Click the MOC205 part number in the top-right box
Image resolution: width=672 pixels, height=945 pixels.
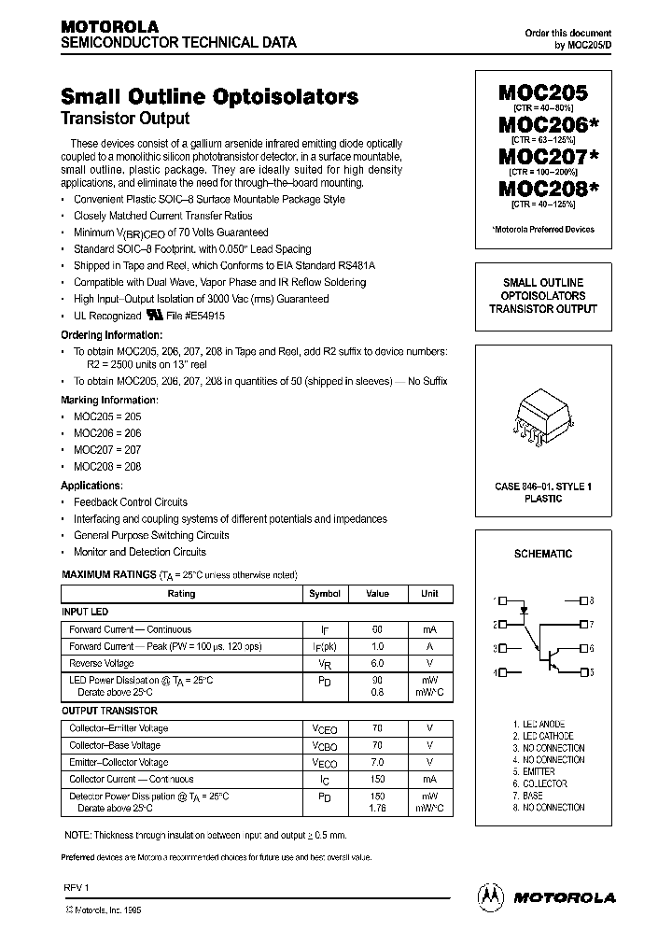tap(542, 93)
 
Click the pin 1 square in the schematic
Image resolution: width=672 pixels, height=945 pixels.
tap(502, 601)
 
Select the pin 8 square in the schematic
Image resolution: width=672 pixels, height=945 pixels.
tap(583, 601)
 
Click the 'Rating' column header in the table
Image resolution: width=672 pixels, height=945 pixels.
tap(181, 594)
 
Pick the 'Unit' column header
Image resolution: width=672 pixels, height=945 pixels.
tap(429, 594)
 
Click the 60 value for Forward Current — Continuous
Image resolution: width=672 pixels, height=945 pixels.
tap(377, 629)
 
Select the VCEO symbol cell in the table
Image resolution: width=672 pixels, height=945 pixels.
tap(325, 728)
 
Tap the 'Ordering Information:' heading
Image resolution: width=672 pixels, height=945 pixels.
tap(111, 334)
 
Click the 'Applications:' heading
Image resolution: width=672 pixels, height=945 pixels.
tap(91, 486)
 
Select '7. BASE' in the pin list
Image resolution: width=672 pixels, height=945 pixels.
tap(527, 796)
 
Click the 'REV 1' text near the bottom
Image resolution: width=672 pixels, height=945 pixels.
tap(74, 887)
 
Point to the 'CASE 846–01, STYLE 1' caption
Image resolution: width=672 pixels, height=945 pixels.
tap(542, 487)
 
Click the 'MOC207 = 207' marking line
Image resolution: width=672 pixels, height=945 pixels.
tap(107, 450)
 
